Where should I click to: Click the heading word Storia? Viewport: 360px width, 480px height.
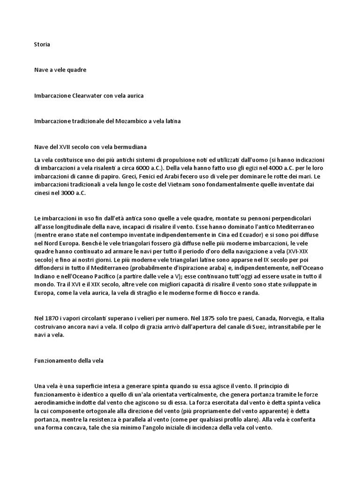[x=42, y=45]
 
